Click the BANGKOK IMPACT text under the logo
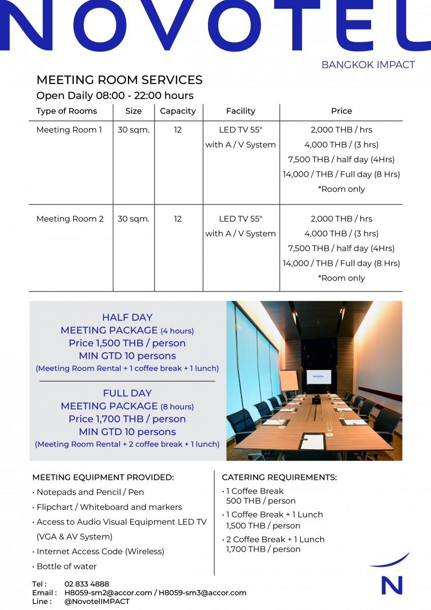[368, 65]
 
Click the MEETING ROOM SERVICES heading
[119, 80]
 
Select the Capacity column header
[178, 111]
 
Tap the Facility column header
[240, 111]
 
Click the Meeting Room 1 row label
[69, 130]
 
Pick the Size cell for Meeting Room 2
[134, 219]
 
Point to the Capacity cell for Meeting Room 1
[178, 130]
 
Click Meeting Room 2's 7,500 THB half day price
[341, 248]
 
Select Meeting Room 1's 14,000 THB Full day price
[341, 174]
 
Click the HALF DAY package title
[127, 317]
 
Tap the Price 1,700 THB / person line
[127, 419]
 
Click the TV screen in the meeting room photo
[319, 377]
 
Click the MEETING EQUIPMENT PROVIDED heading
[103, 477]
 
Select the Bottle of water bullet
[66, 566]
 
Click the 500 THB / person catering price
[261, 501]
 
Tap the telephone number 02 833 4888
[87, 584]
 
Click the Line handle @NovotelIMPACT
[97, 601]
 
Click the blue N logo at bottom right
[392, 585]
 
